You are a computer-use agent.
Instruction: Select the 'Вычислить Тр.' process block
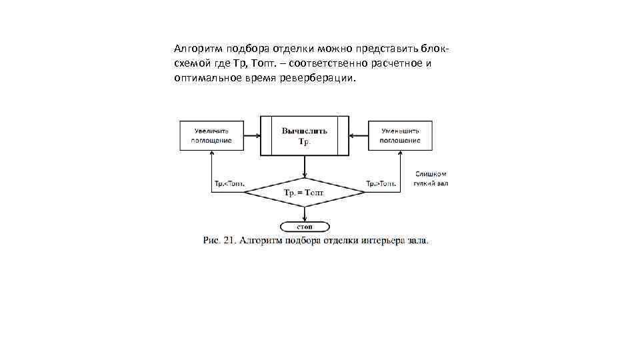pos(304,136)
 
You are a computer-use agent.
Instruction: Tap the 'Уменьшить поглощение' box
pos(400,135)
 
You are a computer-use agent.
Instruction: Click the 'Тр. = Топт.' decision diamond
pos(304,193)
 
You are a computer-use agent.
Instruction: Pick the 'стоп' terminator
pos(305,227)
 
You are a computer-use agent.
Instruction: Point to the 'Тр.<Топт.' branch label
pos(229,183)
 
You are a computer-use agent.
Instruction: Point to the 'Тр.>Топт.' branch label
pos(382,183)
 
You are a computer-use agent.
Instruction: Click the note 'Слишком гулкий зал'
pos(431,178)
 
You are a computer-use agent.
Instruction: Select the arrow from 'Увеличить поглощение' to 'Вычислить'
pos(253,136)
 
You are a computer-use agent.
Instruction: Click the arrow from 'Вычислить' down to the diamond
pos(305,167)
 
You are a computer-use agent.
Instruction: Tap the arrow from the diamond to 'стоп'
pos(305,214)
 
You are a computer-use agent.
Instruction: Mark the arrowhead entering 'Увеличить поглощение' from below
pos(212,153)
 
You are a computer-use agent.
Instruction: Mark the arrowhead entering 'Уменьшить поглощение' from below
pos(400,153)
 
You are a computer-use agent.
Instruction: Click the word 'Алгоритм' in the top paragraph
pos(198,49)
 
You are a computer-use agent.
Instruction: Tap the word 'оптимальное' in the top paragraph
pos(205,78)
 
